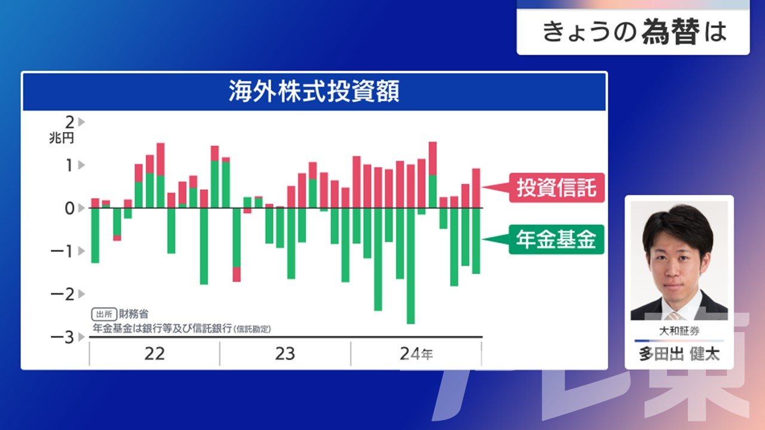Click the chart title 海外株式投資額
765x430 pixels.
[314, 91]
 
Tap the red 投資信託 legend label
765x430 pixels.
[556, 188]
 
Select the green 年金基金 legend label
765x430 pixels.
[556, 239]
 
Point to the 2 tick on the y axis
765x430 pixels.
[70, 122]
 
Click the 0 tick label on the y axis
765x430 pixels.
[69, 208]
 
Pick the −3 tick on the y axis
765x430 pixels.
[62, 337]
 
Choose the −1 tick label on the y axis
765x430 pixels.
[62, 251]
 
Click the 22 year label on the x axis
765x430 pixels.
[154, 354]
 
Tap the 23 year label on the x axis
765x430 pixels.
[285, 354]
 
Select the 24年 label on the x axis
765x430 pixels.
[417, 354]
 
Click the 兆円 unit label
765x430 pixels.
[62, 138]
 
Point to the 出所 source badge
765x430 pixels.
[104, 314]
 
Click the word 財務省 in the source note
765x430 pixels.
[133, 314]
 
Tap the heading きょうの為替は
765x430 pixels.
[635, 32]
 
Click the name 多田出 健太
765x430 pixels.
[680, 354]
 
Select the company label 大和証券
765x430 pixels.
[680, 331]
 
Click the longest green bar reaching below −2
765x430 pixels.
[411, 266]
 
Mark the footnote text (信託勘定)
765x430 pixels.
[252, 329]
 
